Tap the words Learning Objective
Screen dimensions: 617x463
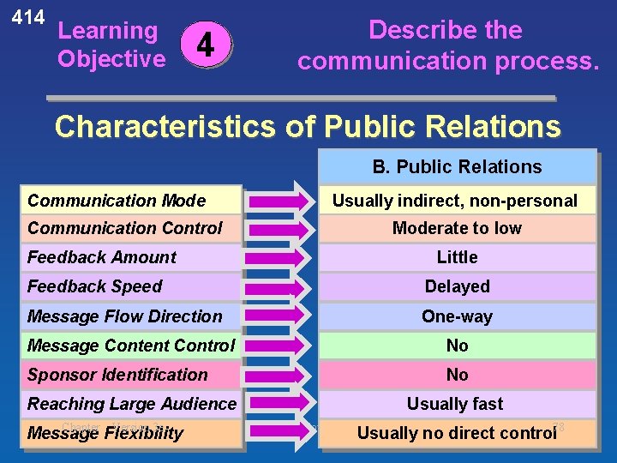pos(111,45)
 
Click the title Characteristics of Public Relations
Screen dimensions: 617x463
pos(307,127)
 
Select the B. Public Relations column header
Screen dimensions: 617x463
pos(457,167)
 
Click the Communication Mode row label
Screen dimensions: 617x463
pos(117,201)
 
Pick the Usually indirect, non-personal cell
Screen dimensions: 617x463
pos(455,201)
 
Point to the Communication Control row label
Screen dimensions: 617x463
pos(124,228)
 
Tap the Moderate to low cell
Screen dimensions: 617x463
pos(457,228)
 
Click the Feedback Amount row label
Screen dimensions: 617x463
pos(101,257)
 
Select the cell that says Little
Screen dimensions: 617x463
pos(457,257)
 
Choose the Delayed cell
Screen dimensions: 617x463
pos(457,286)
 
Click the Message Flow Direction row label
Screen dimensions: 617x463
pos(124,316)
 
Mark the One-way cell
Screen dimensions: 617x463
pos(457,316)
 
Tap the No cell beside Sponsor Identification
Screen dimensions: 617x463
pos(457,375)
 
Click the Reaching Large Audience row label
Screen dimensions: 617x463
pos(132,404)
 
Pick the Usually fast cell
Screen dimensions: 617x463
pos(455,404)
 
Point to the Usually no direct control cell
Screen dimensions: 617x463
pos(457,433)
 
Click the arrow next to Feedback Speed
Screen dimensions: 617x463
pos(278,286)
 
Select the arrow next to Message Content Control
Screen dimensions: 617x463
pos(278,346)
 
